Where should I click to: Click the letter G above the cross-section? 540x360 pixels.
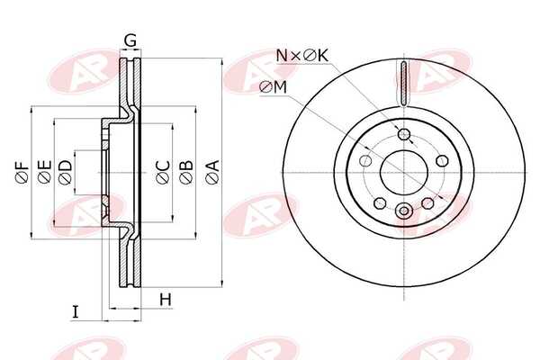(130, 40)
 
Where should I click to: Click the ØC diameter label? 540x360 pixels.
(162, 171)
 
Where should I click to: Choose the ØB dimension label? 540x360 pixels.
(185, 171)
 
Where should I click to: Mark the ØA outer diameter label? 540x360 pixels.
(211, 171)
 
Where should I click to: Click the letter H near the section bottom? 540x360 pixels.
(165, 299)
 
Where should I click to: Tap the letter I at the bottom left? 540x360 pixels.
(76, 312)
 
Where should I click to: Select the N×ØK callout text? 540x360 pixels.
(302, 56)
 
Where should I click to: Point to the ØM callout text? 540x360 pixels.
(273, 86)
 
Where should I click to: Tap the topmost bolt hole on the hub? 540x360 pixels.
(404, 135)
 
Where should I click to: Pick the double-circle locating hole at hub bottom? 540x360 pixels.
(404, 211)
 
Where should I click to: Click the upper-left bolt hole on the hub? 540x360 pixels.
(365, 160)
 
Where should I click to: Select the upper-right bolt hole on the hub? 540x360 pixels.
(443, 160)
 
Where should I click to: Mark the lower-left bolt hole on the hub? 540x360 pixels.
(380, 202)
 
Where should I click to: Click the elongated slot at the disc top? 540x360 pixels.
(404, 79)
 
